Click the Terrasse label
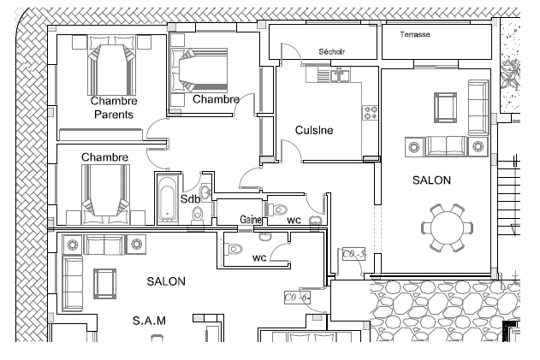[x=415, y=34]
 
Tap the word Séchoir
[x=332, y=51]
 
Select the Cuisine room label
[x=314, y=130]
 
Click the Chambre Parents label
[x=114, y=108]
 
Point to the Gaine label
[x=251, y=219]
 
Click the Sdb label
[x=190, y=199]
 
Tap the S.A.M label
[x=149, y=321]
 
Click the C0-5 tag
[x=353, y=254]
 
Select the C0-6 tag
[x=297, y=297]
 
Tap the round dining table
[x=447, y=227]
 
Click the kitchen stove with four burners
[x=371, y=113]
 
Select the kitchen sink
[x=339, y=74]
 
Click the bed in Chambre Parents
[x=111, y=65]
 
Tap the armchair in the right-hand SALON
[x=445, y=108]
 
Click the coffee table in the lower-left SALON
[x=105, y=284]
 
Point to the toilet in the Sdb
[x=198, y=214]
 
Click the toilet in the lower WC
[x=233, y=249]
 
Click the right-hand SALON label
[x=431, y=180]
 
